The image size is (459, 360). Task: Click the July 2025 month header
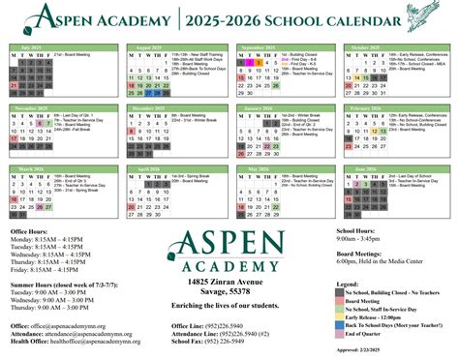coord(33,46)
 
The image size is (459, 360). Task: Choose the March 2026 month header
coord(33,167)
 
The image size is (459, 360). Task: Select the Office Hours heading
coord(35,233)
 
